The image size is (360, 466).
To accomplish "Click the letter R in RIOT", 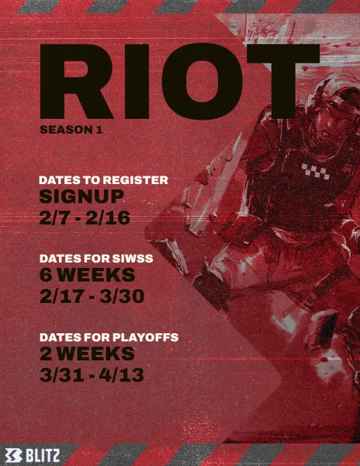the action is click(x=77, y=82).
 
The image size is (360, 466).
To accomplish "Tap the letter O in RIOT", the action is click(x=202, y=82).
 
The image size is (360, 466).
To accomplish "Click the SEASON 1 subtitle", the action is click(x=71, y=130).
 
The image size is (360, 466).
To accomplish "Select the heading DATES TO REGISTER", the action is click(x=104, y=180).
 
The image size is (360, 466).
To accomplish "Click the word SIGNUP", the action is click(x=81, y=196).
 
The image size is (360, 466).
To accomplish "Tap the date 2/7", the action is click(x=57, y=217).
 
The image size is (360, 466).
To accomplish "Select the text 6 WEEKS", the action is click(x=87, y=275).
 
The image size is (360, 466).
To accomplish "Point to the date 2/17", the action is click(x=61, y=297).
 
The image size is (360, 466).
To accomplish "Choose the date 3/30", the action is click(x=122, y=297).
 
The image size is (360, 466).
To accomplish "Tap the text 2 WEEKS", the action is click(x=87, y=353).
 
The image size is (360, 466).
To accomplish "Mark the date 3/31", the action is click(x=62, y=375).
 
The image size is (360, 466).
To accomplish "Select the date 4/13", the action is click(x=122, y=375).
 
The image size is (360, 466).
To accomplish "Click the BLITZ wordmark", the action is click(x=43, y=456).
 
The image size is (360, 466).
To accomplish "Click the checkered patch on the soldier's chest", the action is click(x=316, y=172).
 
